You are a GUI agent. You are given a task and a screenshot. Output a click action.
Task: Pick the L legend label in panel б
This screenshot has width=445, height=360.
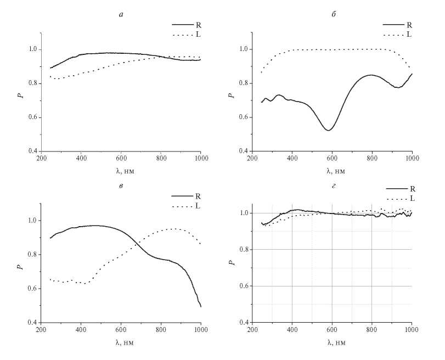click(408, 35)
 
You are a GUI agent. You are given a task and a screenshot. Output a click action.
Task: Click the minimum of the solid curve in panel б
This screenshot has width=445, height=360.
click(328, 130)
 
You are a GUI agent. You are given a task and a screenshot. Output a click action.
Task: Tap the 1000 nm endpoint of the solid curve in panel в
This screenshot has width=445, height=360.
click(201, 307)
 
